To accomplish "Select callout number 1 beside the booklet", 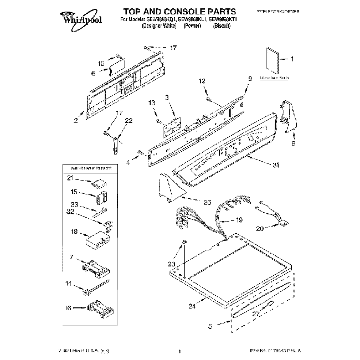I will coord(292,58).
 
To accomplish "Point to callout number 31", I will coord(275,164).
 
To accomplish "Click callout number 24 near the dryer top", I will coord(192,306).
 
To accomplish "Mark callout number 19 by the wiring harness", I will coord(239,220).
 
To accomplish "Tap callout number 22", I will coord(128,121).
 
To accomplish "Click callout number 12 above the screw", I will coord(202,81).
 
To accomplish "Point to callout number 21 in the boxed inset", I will coord(70,178).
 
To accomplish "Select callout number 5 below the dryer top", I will coord(209,327).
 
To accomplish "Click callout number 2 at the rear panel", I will coord(75,120).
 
